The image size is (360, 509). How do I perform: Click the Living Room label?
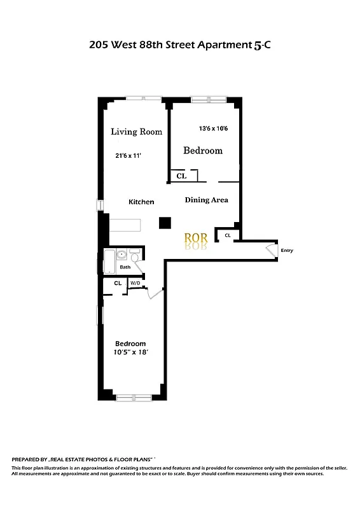click(136, 132)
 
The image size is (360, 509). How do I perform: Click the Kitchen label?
click(141, 202)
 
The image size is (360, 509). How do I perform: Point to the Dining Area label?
click(206, 200)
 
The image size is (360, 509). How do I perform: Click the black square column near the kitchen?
click(165, 223)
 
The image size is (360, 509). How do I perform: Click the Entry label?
click(287, 251)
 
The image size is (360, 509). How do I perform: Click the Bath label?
click(125, 267)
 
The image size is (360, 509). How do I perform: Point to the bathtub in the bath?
click(109, 263)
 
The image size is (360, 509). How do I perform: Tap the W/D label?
click(135, 283)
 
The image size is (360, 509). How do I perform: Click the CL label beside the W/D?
click(118, 283)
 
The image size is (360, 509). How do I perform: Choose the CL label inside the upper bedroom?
click(181, 176)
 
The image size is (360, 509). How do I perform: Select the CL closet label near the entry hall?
click(227, 235)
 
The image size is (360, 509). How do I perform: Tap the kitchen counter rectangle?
click(126, 225)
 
